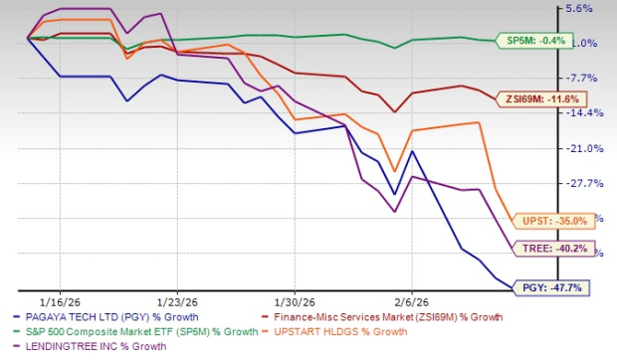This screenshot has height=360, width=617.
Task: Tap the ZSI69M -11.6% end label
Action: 548,98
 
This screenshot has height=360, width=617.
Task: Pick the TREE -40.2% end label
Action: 550,249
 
